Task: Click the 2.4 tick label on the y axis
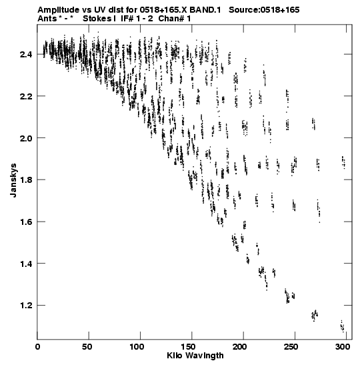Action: (26, 55)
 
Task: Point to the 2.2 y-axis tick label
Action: (26, 96)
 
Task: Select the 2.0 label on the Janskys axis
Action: (26, 138)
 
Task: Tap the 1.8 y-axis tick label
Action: (26, 180)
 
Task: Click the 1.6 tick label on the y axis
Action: (26, 222)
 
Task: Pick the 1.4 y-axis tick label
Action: (26, 264)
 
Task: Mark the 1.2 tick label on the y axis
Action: (26, 306)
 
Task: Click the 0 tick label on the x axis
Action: (38, 347)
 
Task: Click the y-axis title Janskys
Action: (13, 180)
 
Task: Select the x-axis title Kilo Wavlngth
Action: (195, 356)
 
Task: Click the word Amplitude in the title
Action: (59, 10)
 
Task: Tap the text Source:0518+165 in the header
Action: (264, 10)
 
